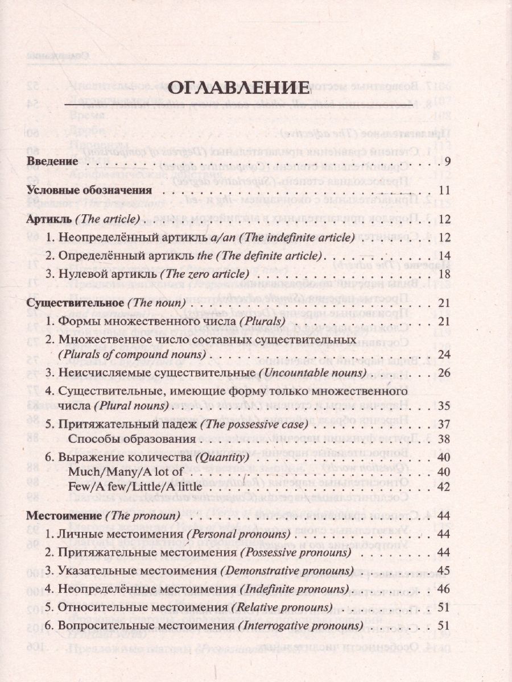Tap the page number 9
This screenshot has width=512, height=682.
(448, 161)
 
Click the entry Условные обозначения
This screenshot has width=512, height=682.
(89, 190)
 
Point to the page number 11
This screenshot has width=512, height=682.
(445, 190)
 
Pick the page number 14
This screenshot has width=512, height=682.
(445, 255)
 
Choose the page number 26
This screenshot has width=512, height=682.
(445, 373)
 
